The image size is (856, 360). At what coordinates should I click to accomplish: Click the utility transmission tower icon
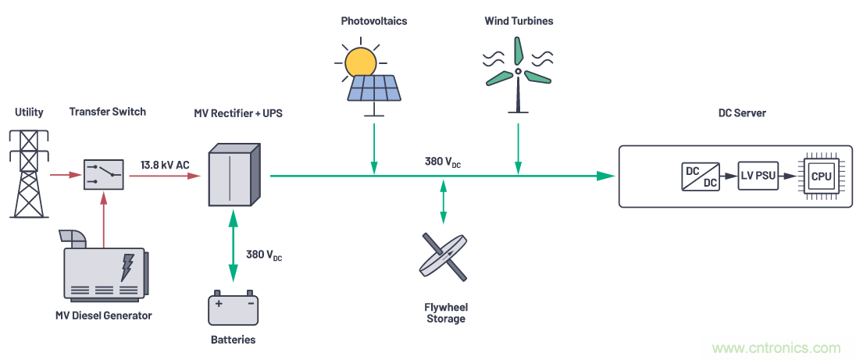(28, 173)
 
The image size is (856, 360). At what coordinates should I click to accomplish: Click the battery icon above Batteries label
(233, 308)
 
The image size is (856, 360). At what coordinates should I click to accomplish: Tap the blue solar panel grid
(375, 87)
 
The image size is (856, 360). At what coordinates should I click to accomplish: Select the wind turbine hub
(518, 72)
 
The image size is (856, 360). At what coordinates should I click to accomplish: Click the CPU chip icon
(821, 176)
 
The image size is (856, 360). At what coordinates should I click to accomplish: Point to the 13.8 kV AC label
(165, 164)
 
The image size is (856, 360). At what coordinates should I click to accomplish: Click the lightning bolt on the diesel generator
(127, 268)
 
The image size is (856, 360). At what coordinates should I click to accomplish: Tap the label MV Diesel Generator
(104, 315)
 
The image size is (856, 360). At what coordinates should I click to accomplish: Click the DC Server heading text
(741, 113)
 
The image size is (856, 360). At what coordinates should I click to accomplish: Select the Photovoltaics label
(373, 21)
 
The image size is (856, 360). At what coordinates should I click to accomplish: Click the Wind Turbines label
(519, 21)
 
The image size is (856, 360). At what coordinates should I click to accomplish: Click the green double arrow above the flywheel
(444, 205)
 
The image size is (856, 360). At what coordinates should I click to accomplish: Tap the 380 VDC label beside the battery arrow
(263, 255)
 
